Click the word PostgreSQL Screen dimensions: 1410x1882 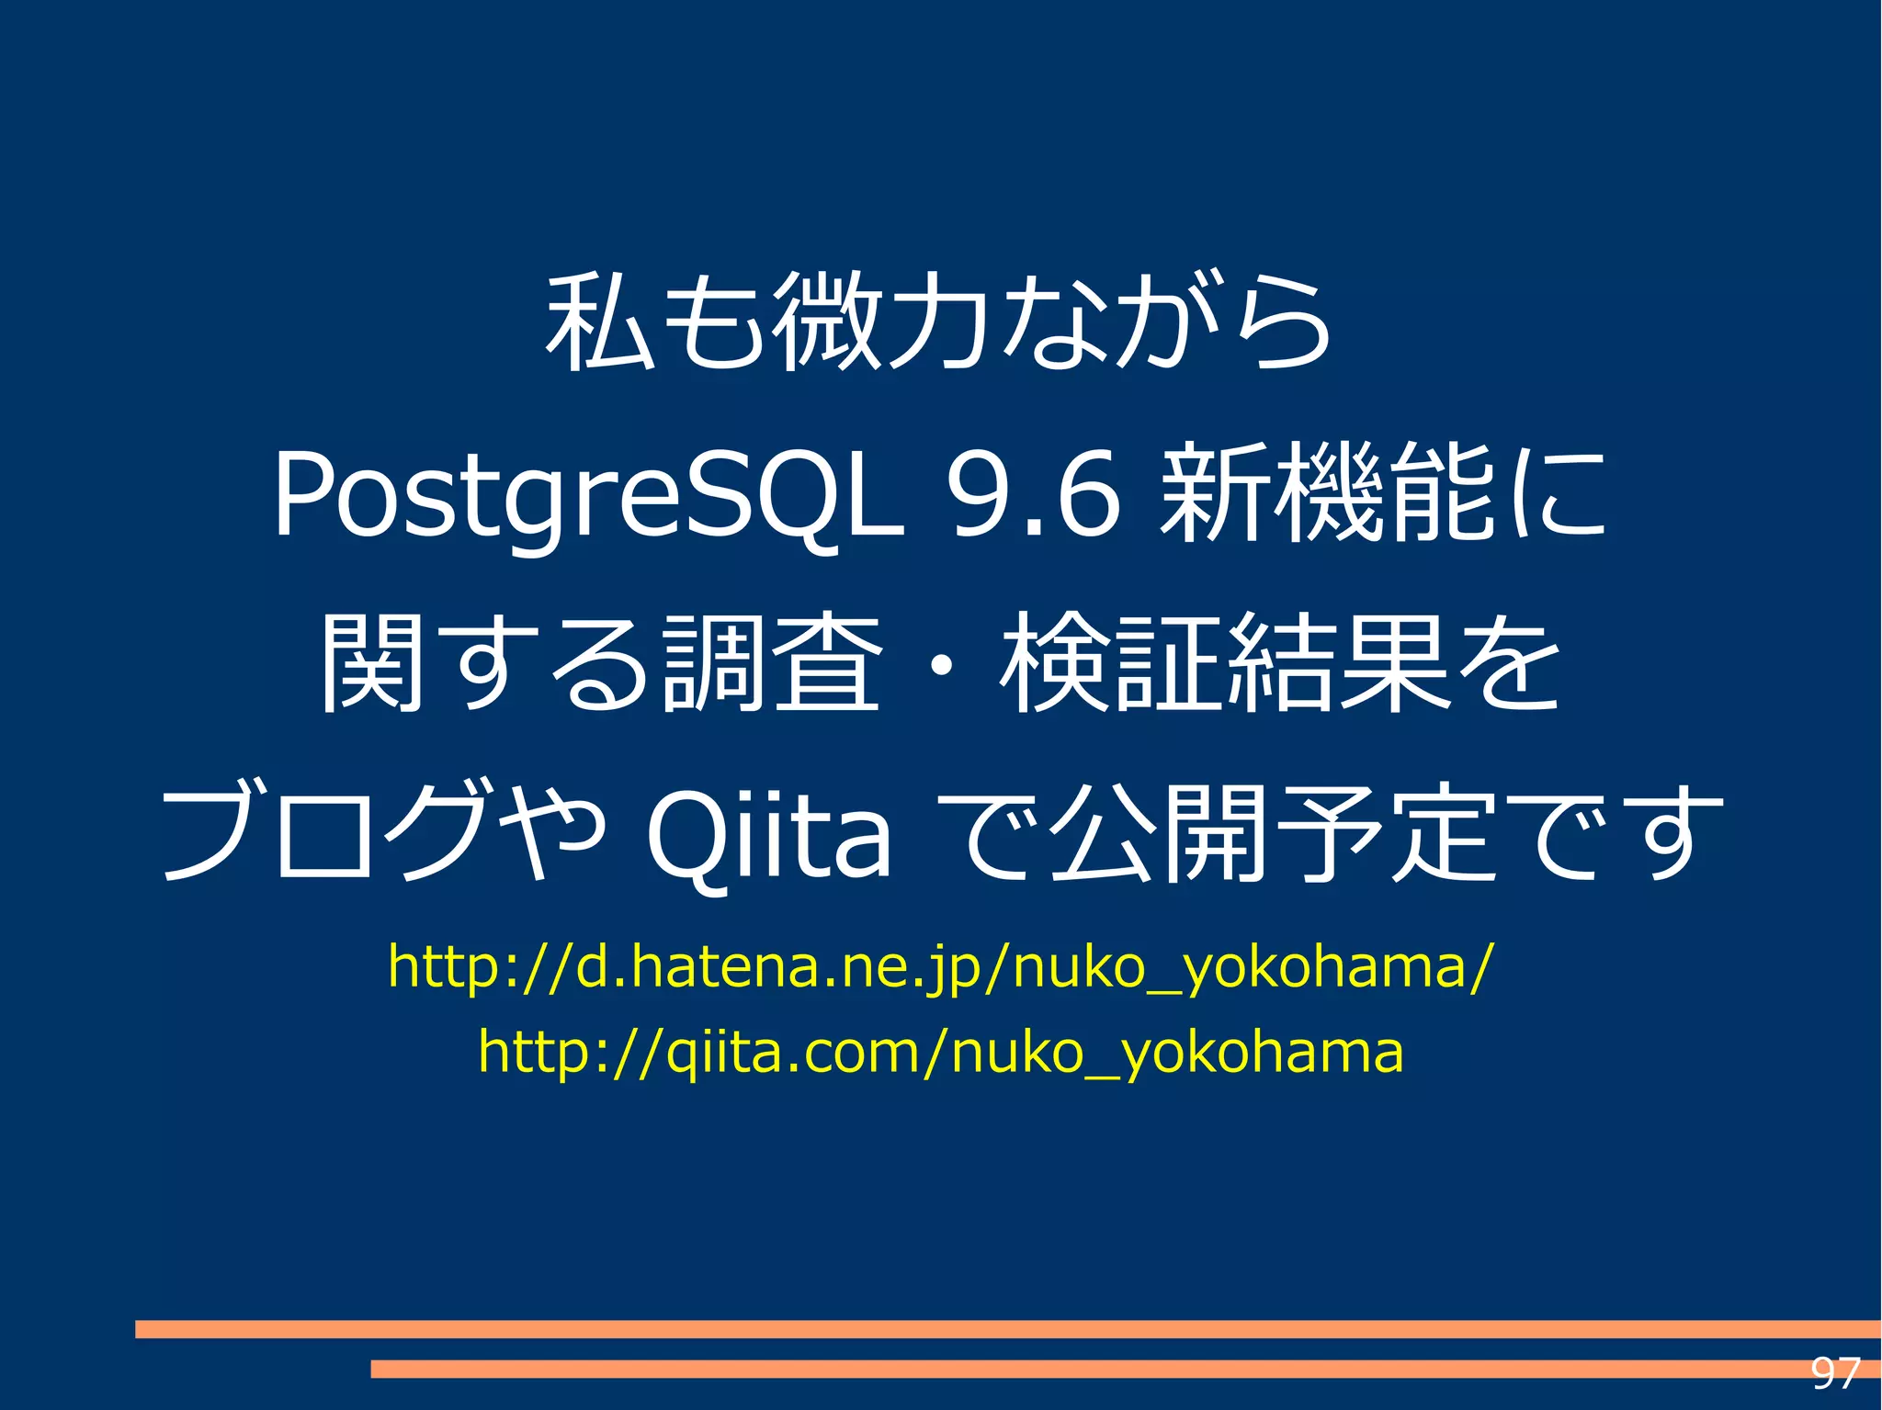pyautogui.click(x=588, y=496)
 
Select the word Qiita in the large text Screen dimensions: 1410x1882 pyautogui.click(x=768, y=834)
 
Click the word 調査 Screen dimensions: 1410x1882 pyautogui.click(x=772, y=663)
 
